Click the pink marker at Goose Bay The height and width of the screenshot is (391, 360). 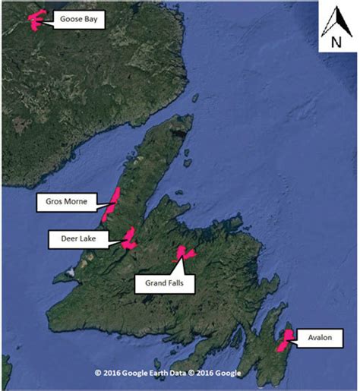pyautogui.click(x=35, y=20)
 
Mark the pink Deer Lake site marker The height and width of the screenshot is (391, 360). pyautogui.click(x=129, y=238)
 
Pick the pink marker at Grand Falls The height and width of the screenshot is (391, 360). pyautogui.click(x=184, y=254)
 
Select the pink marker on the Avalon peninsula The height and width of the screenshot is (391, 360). pyautogui.click(x=286, y=339)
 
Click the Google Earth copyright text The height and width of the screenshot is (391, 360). pyautogui.click(x=167, y=373)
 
